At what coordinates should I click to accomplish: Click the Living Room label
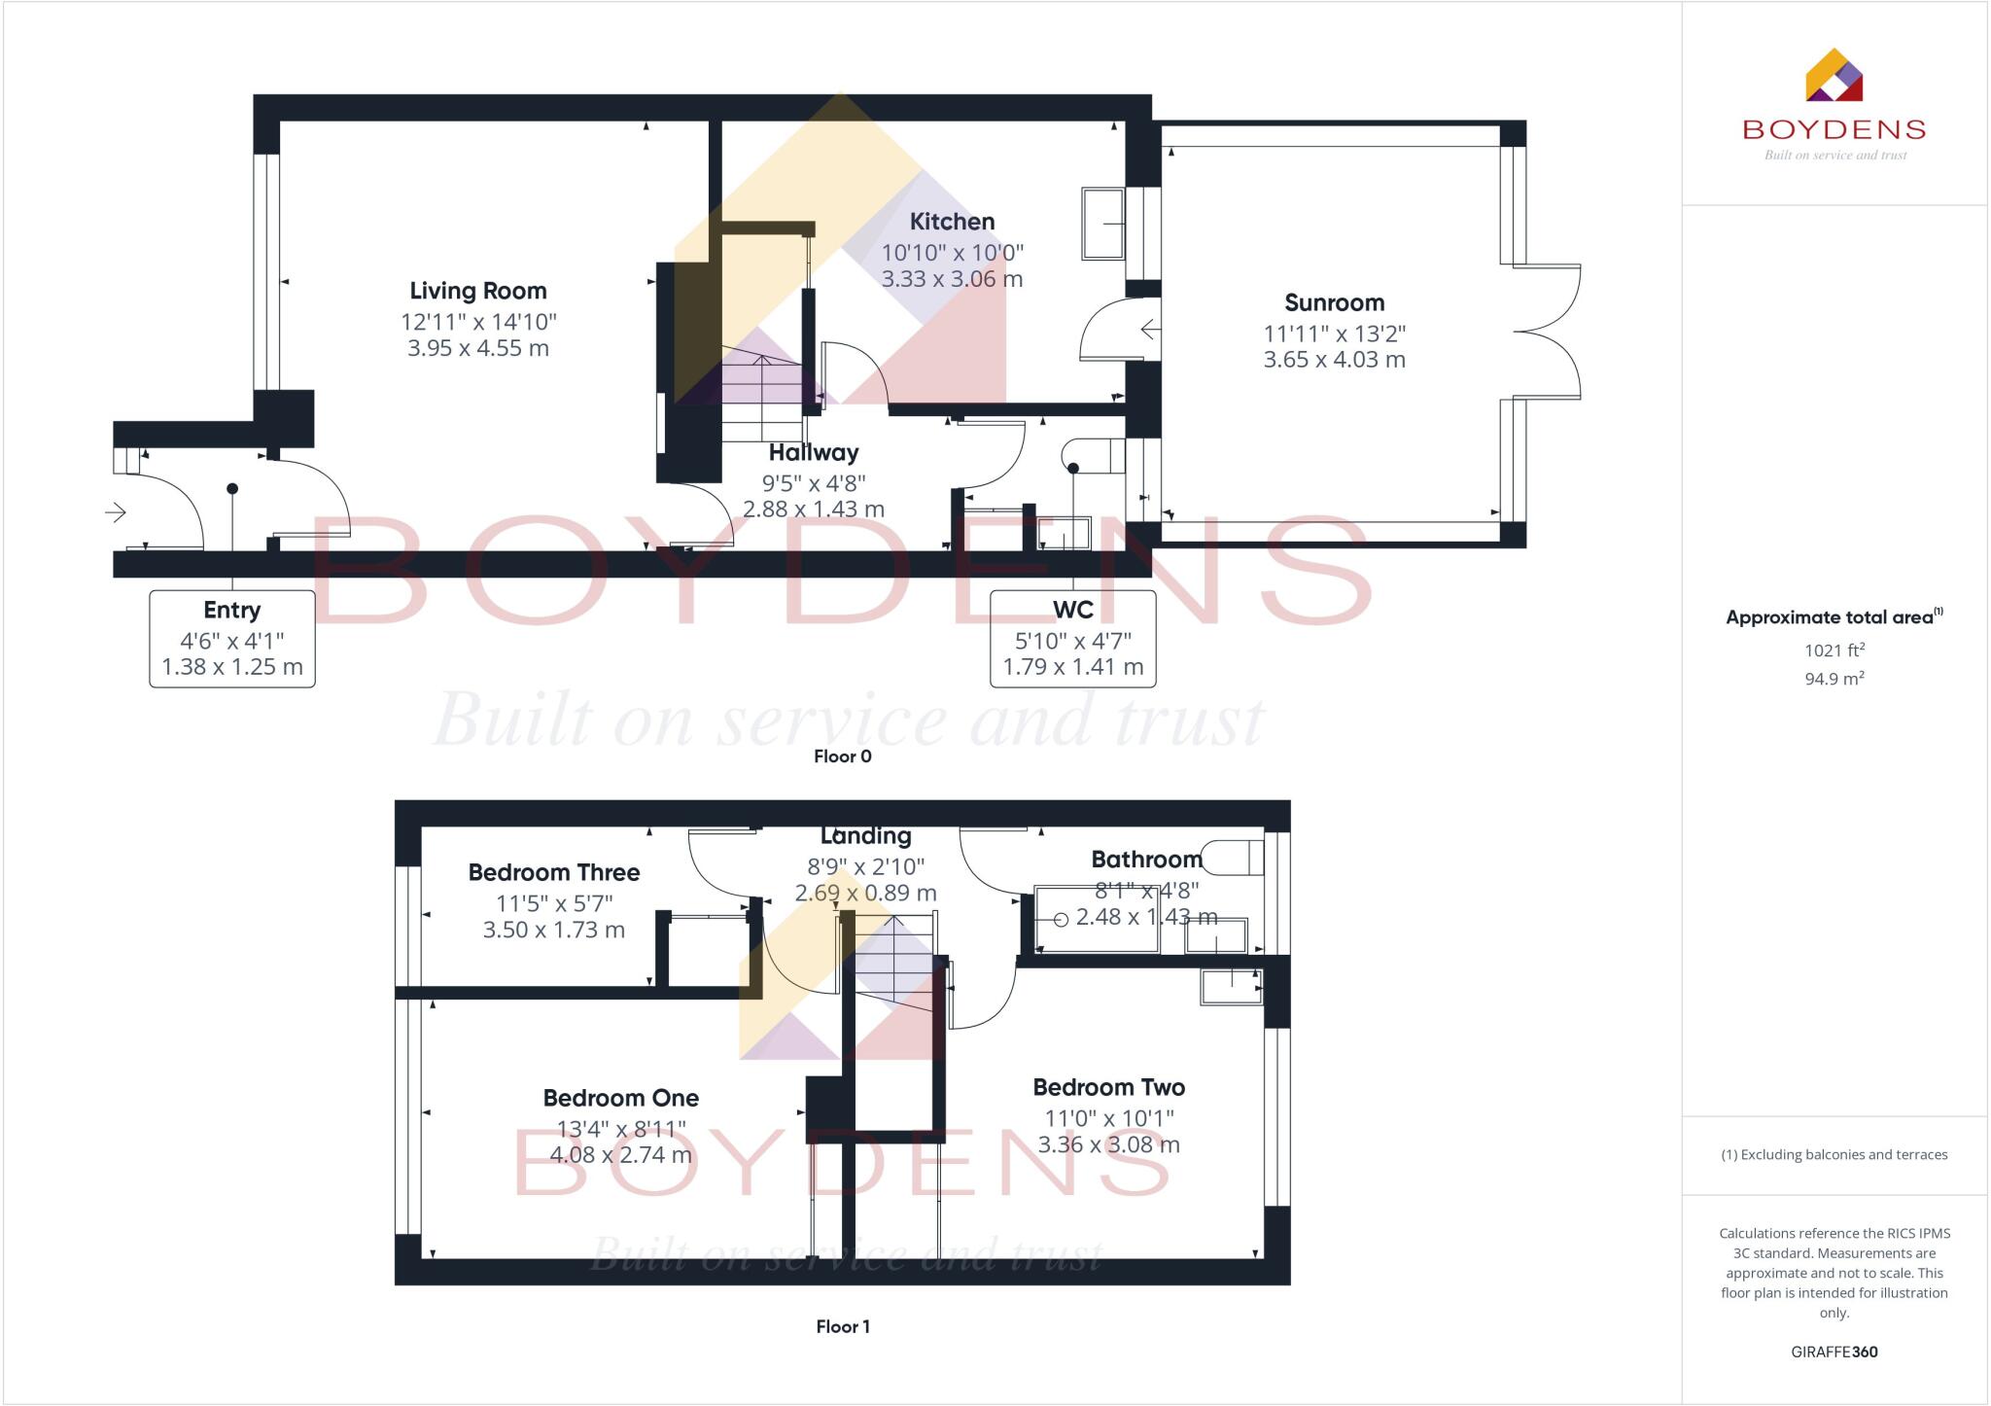(x=477, y=291)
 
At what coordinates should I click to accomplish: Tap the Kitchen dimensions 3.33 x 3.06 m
(x=952, y=279)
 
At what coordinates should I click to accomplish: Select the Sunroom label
(x=1334, y=302)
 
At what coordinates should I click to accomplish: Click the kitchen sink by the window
(x=1102, y=224)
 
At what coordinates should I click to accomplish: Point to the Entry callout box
(x=232, y=639)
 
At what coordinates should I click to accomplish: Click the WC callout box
(x=1072, y=639)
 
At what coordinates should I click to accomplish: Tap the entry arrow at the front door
(x=116, y=511)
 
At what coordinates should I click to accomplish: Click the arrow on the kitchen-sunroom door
(x=1150, y=330)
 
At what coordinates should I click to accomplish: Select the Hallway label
(x=814, y=452)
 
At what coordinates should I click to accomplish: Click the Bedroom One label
(x=620, y=1098)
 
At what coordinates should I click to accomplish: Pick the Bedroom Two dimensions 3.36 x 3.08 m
(x=1108, y=1144)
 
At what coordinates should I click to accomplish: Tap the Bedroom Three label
(x=554, y=872)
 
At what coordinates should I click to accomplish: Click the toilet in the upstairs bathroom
(x=1236, y=857)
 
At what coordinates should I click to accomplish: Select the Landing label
(x=865, y=836)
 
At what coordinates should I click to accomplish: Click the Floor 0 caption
(x=842, y=756)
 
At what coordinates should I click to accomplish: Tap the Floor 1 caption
(x=842, y=1326)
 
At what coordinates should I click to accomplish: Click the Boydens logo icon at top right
(x=1834, y=76)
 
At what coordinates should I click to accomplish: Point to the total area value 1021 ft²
(x=1834, y=650)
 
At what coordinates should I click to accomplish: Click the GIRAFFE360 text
(x=1834, y=1352)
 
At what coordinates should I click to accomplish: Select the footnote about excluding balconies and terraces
(x=1834, y=1155)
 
